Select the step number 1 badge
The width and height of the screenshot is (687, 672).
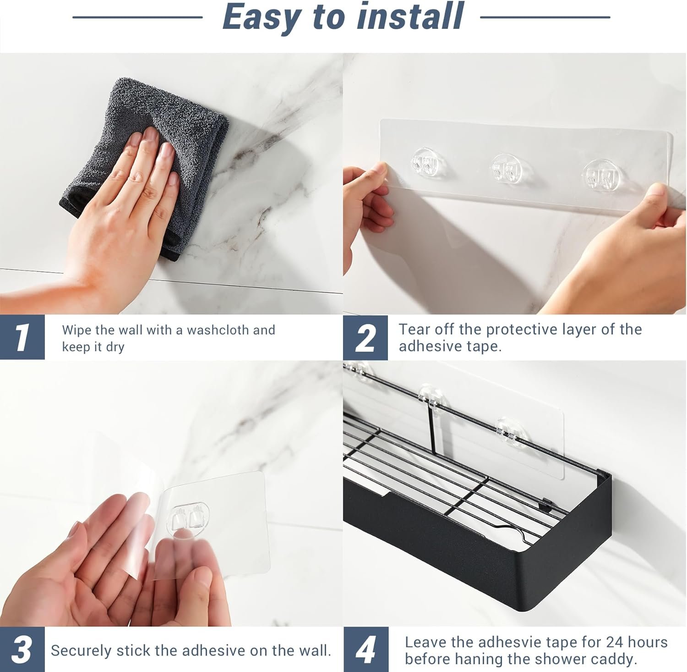click(22, 337)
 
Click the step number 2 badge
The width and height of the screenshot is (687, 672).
click(365, 338)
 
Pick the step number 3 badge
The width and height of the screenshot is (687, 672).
click(22, 650)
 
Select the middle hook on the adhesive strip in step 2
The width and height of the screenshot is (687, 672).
click(507, 168)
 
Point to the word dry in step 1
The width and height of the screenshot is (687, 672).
click(115, 347)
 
